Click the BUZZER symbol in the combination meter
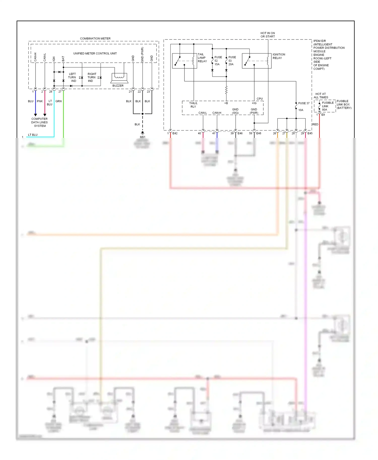point(119,78)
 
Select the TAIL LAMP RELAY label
point(202,58)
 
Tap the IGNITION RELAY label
point(279,56)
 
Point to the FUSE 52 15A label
point(218,61)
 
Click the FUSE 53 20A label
point(232,61)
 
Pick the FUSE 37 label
point(304,103)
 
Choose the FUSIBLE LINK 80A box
point(325,106)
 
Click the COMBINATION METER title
point(95,39)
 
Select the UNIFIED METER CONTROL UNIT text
point(95,53)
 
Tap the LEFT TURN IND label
point(72,78)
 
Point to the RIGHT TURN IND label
point(91,78)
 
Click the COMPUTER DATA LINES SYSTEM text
point(40,122)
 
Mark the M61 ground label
point(143,137)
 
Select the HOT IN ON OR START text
point(268,35)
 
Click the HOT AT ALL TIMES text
point(321,96)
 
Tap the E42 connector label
point(175,133)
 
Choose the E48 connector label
point(259,133)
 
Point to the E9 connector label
point(323,115)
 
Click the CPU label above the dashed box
point(260,99)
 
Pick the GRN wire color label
point(58,101)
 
